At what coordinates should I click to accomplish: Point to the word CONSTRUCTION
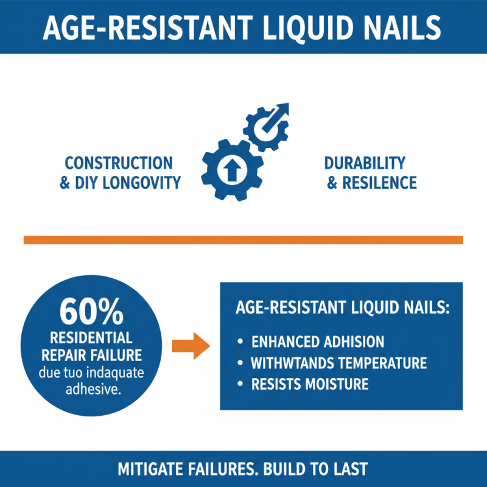point(119,163)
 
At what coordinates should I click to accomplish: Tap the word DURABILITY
point(365,163)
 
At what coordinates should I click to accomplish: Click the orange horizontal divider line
point(243,240)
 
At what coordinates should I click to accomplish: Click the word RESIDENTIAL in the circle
point(91,338)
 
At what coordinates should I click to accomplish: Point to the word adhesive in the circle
point(91,388)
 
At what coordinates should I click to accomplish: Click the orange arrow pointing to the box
point(191,346)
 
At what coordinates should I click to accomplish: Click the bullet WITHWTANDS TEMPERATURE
point(338,363)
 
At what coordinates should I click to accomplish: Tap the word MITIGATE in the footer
point(150,469)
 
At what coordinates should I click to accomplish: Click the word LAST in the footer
point(349,469)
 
